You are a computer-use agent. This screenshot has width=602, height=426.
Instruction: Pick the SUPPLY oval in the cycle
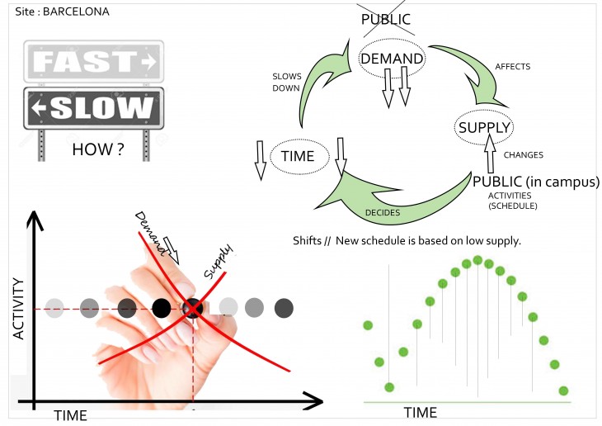[x=485, y=127]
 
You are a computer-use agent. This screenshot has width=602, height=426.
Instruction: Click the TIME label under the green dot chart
[x=420, y=411]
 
